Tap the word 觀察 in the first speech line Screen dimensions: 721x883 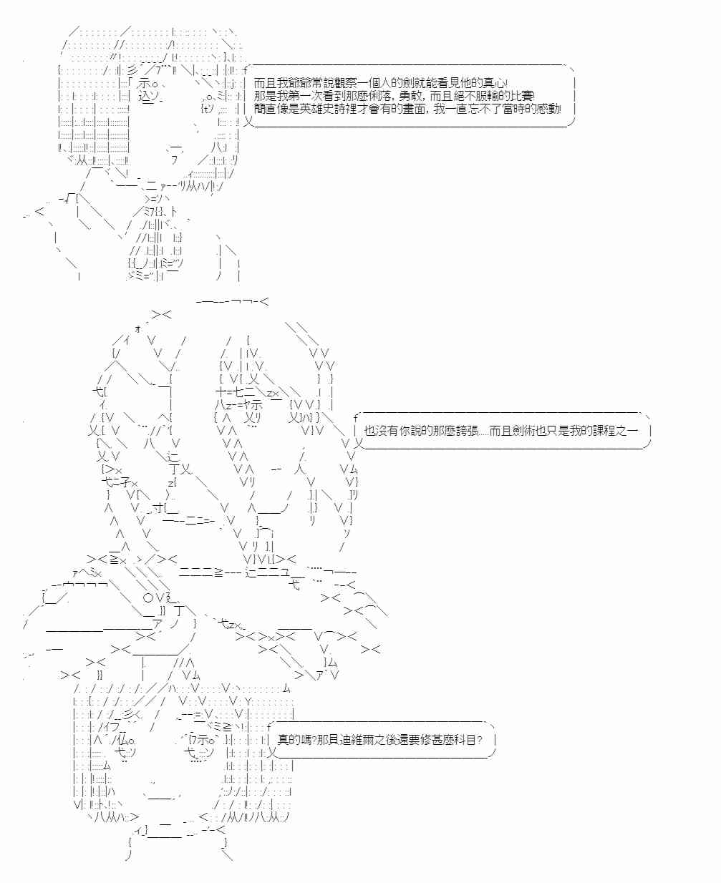pyautogui.click(x=347, y=83)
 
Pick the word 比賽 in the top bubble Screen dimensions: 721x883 pyautogui.click(x=521, y=96)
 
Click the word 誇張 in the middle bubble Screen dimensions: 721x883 pyautogui.click(x=467, y=430)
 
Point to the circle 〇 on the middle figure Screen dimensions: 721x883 pyautogui.click(x=148, y=598)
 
